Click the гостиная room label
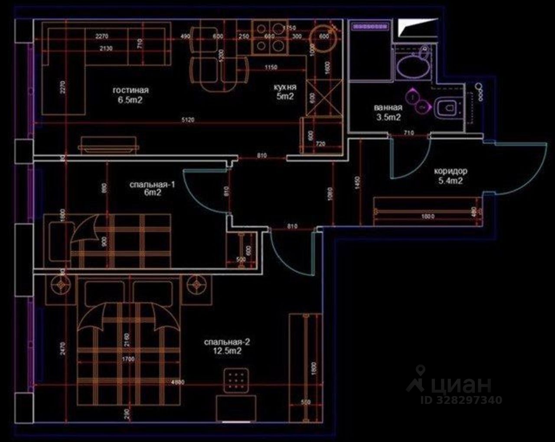pos(131,90)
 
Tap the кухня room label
pos(285,87)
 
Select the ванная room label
pos(388,107)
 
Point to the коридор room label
pos(451,171)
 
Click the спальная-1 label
pos(152,185)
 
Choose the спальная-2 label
pos(227,342)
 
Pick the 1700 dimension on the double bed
pos(128,359)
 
